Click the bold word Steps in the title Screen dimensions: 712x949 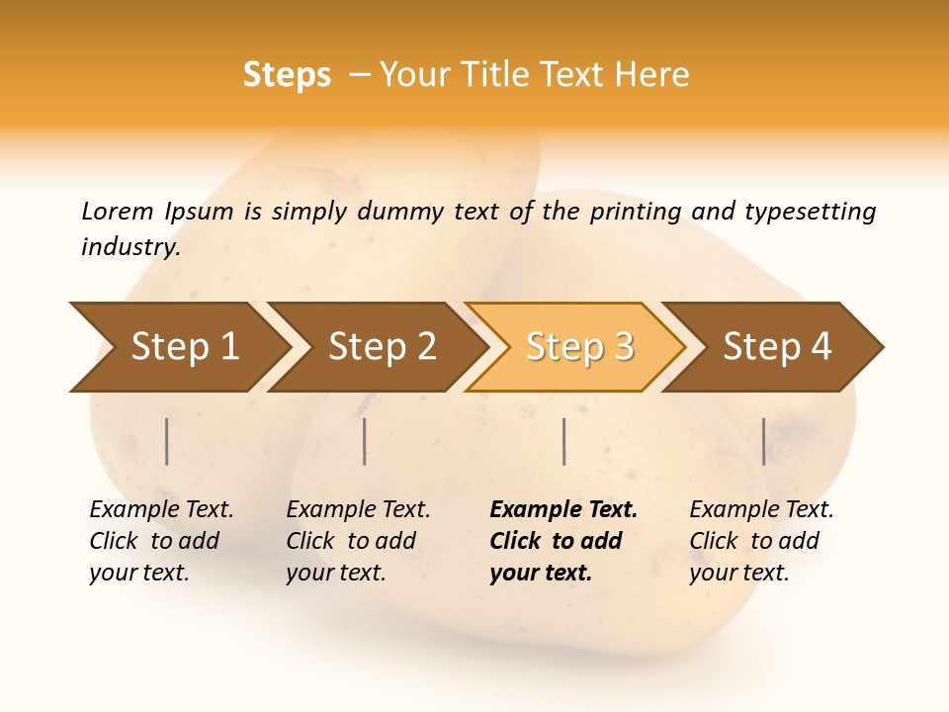pos(287,75)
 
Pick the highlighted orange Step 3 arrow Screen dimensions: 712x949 pos(578,346)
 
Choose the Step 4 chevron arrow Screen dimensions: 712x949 pos(776,346)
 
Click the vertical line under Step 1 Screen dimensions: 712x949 pos(167,441)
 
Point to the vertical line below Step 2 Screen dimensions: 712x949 pos(365,441)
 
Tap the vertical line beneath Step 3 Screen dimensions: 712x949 pos(563,441)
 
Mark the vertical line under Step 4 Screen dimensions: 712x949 pos(763,441)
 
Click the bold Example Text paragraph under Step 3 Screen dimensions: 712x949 pos(562,541)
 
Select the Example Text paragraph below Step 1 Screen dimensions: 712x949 pos(161,541)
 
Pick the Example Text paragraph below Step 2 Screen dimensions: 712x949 pos(358,541)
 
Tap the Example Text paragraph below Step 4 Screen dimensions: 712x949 pos(761,541)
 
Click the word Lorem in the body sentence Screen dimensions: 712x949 pos(117,211)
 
